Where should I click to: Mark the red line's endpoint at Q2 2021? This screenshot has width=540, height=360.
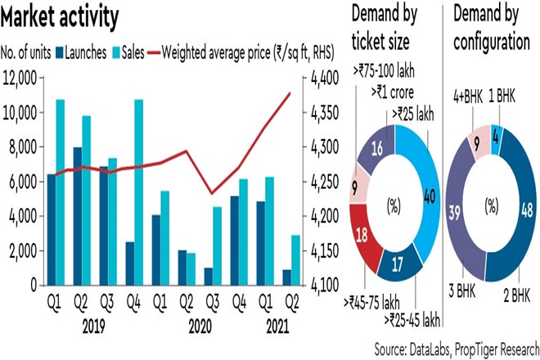290,93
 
